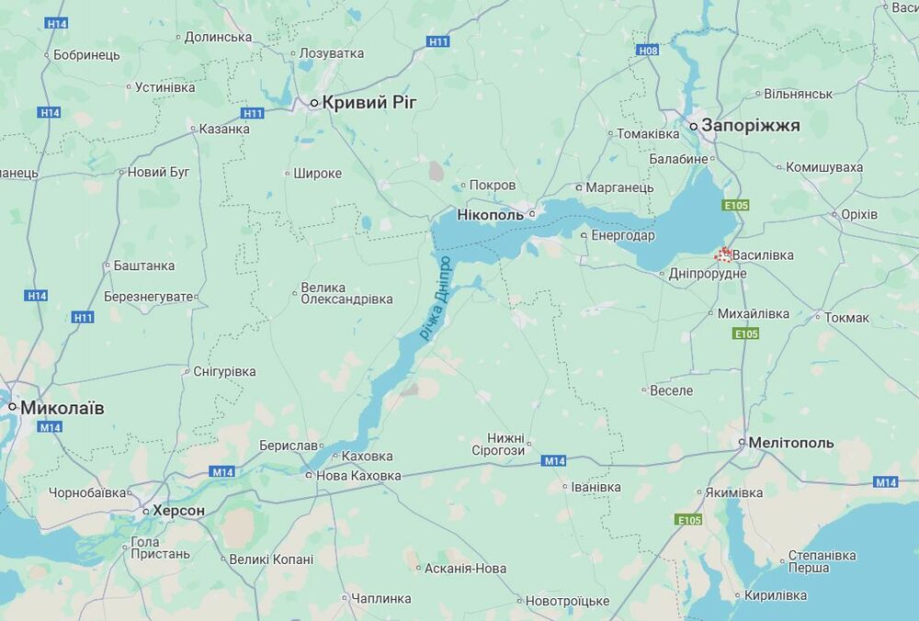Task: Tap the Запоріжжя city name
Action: (751, 125)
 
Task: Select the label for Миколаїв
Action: (62, 407)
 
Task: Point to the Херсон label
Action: (178, 510)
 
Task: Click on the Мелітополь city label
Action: (791, 443)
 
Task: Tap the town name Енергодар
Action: (622, 235)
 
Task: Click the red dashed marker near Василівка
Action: (723, 254)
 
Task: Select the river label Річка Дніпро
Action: (437, 299)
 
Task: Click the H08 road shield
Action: (649, 51)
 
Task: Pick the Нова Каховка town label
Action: (358, 476)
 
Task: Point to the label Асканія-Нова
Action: (465, 569)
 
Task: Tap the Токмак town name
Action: (846, 318)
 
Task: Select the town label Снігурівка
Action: (224, 372)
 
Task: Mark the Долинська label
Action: (218, 38)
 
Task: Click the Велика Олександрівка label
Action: (346, 292)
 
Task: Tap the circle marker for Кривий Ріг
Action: (313, 103)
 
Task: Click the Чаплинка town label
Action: (381, 599)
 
